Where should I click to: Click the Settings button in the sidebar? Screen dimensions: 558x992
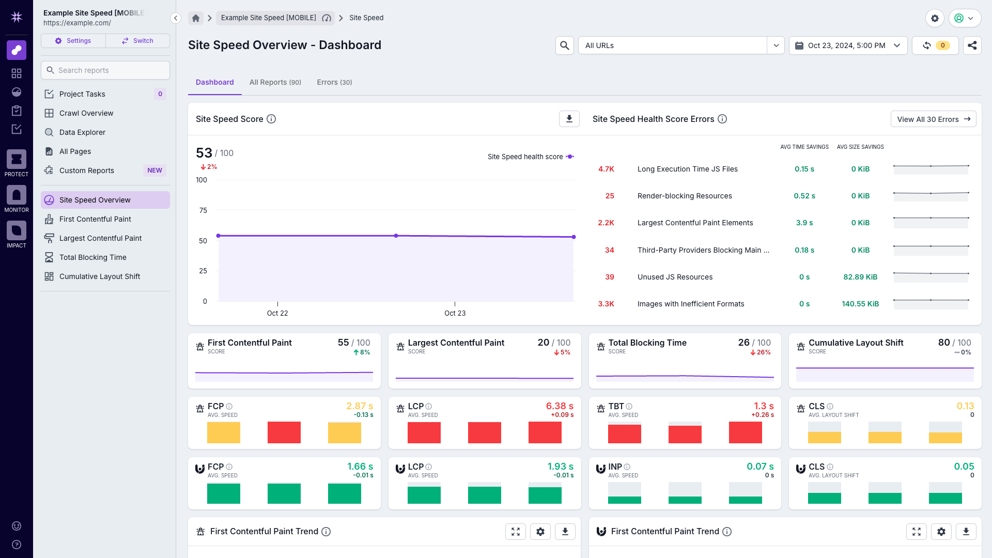(x=73, y=41)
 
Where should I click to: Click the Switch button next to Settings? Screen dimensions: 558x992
(x=137, y=41)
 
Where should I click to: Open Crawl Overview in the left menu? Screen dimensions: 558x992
(x=86, y=113)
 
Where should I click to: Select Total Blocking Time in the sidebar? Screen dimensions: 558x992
(x=92, y=257)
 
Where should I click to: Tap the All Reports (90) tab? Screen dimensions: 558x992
(x=275, y=82)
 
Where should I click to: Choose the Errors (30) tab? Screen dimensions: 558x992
(x=334, y=82)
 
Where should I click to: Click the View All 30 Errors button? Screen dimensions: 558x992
(x=933, y=119)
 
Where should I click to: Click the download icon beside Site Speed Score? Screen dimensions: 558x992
(x=569, y=119)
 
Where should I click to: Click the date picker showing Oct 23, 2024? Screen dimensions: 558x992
(x=848, y=45)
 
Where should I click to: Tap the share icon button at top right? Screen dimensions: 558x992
(x=972, y=45)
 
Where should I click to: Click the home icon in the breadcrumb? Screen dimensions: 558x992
(x=196, y=18)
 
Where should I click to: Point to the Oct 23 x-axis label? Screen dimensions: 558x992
(x=455, y=313)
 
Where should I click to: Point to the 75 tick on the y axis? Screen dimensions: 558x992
(x=203, y=210)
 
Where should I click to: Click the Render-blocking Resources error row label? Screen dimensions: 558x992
(x=684, y=196)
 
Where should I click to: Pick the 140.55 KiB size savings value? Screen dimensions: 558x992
(x=860, y=304)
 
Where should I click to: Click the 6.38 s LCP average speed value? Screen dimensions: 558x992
(x=560, y=406)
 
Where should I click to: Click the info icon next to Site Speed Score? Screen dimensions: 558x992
(x=271, y=119)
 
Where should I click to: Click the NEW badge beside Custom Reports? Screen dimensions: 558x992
(x=154, y=171)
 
